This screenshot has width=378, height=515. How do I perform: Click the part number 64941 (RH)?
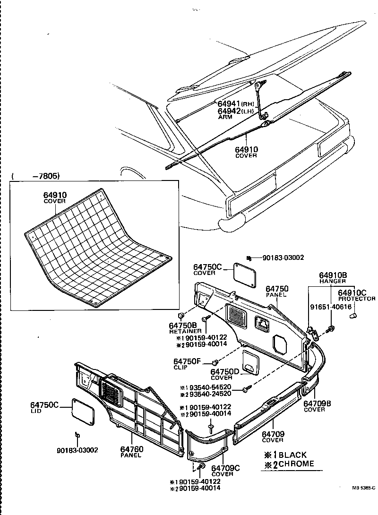pos(229,103)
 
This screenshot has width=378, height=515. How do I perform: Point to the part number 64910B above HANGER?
pos(333,275)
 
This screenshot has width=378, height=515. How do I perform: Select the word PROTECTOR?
pos(357,299)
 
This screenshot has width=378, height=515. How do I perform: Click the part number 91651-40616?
pos(331,307)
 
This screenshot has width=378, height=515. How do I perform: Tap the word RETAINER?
pos(183,332)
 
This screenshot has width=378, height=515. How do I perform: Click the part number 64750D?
pos(221,371)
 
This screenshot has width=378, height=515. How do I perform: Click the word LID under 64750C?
pos(36,411)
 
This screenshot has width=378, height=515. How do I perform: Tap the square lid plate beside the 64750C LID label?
pos(82,411)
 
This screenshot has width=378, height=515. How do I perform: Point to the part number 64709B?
pos(317,403)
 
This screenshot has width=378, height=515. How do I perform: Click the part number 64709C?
pos(225,468)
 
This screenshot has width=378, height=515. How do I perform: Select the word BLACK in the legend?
pos(292,455)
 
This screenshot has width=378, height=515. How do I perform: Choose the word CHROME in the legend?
pos(296,463)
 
